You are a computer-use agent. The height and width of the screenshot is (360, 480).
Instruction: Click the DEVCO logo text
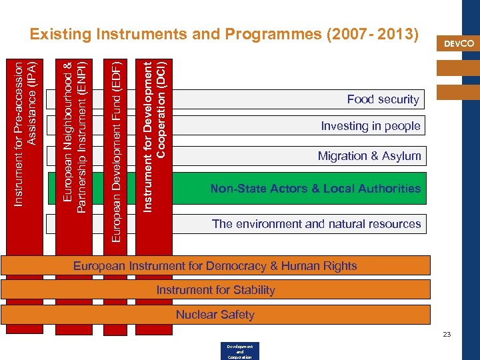tap(459, 43)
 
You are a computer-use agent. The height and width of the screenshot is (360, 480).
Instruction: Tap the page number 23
tap(447, 334)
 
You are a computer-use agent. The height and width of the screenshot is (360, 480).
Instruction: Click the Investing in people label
tap(371, 126)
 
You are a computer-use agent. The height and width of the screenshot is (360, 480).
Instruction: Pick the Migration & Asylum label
tap(369, 156)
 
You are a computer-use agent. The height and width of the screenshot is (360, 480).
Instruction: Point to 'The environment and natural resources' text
tap(316, 224)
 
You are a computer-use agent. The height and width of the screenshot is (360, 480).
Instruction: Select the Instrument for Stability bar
tap(215, 290)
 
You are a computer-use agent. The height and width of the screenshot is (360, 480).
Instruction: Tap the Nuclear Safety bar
tap(215, 315)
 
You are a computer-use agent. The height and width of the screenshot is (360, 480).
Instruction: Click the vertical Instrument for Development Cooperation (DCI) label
tap(153, 137)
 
